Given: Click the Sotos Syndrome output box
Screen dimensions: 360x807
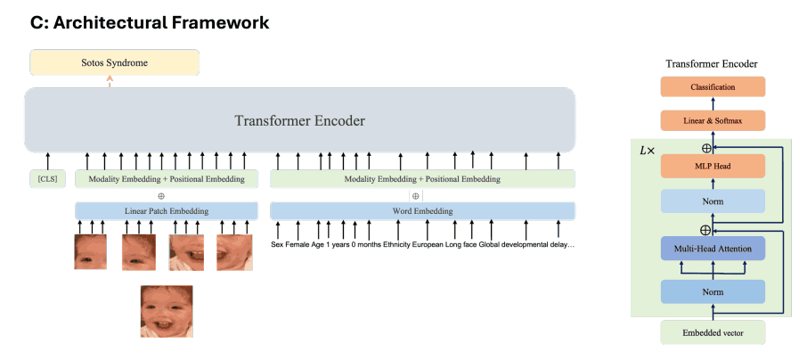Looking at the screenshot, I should (x=115, y=63).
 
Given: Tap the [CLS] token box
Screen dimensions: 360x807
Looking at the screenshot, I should (x=47, y=179).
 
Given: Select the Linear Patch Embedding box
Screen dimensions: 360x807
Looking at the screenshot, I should (x=167, y=211).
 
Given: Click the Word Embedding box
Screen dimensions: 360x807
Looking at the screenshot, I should (x=422, y=211).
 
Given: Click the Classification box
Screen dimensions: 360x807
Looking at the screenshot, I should (x=713, y=87).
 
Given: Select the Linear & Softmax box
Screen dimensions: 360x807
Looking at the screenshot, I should (x=713, y=120).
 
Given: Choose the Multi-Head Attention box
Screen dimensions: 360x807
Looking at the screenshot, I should (x=713, y=250).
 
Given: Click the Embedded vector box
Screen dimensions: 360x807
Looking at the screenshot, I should (x=713, y=332).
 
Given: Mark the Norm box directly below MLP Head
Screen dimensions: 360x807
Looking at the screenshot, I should (x=713, y=201).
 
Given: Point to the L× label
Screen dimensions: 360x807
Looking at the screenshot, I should (x=648, y=151).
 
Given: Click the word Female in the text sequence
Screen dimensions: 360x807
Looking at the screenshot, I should (x=302, y=244).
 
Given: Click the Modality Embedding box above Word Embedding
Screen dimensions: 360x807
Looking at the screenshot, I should (x=422, y=179).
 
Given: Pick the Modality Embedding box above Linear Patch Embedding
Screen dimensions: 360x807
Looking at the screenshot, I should (x=167, y=179).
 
